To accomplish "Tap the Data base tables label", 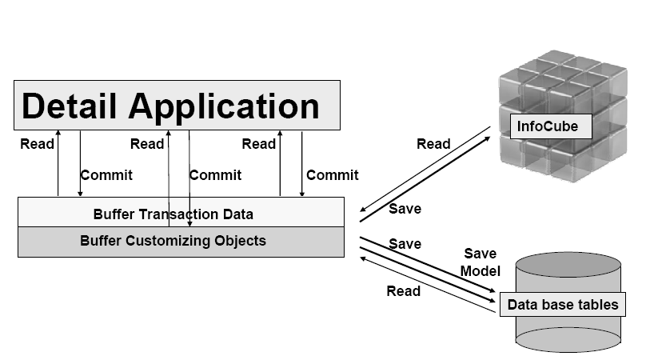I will (x=562, y=305).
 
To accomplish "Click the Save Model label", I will (x=480, y=262).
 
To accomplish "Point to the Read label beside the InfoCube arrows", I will (x=433, y=144).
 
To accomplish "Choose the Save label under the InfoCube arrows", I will (x=405, y=209).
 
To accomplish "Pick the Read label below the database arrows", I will (x=403, y=291).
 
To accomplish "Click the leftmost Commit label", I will (x=106, y=174).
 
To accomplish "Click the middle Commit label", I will (x=215, y=174).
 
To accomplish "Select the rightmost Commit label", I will (x=333, y=174).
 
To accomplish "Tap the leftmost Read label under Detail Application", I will (x=37, y=144).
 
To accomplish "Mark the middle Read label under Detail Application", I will (x=147, y=144).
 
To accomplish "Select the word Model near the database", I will (x=480, y=271).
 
